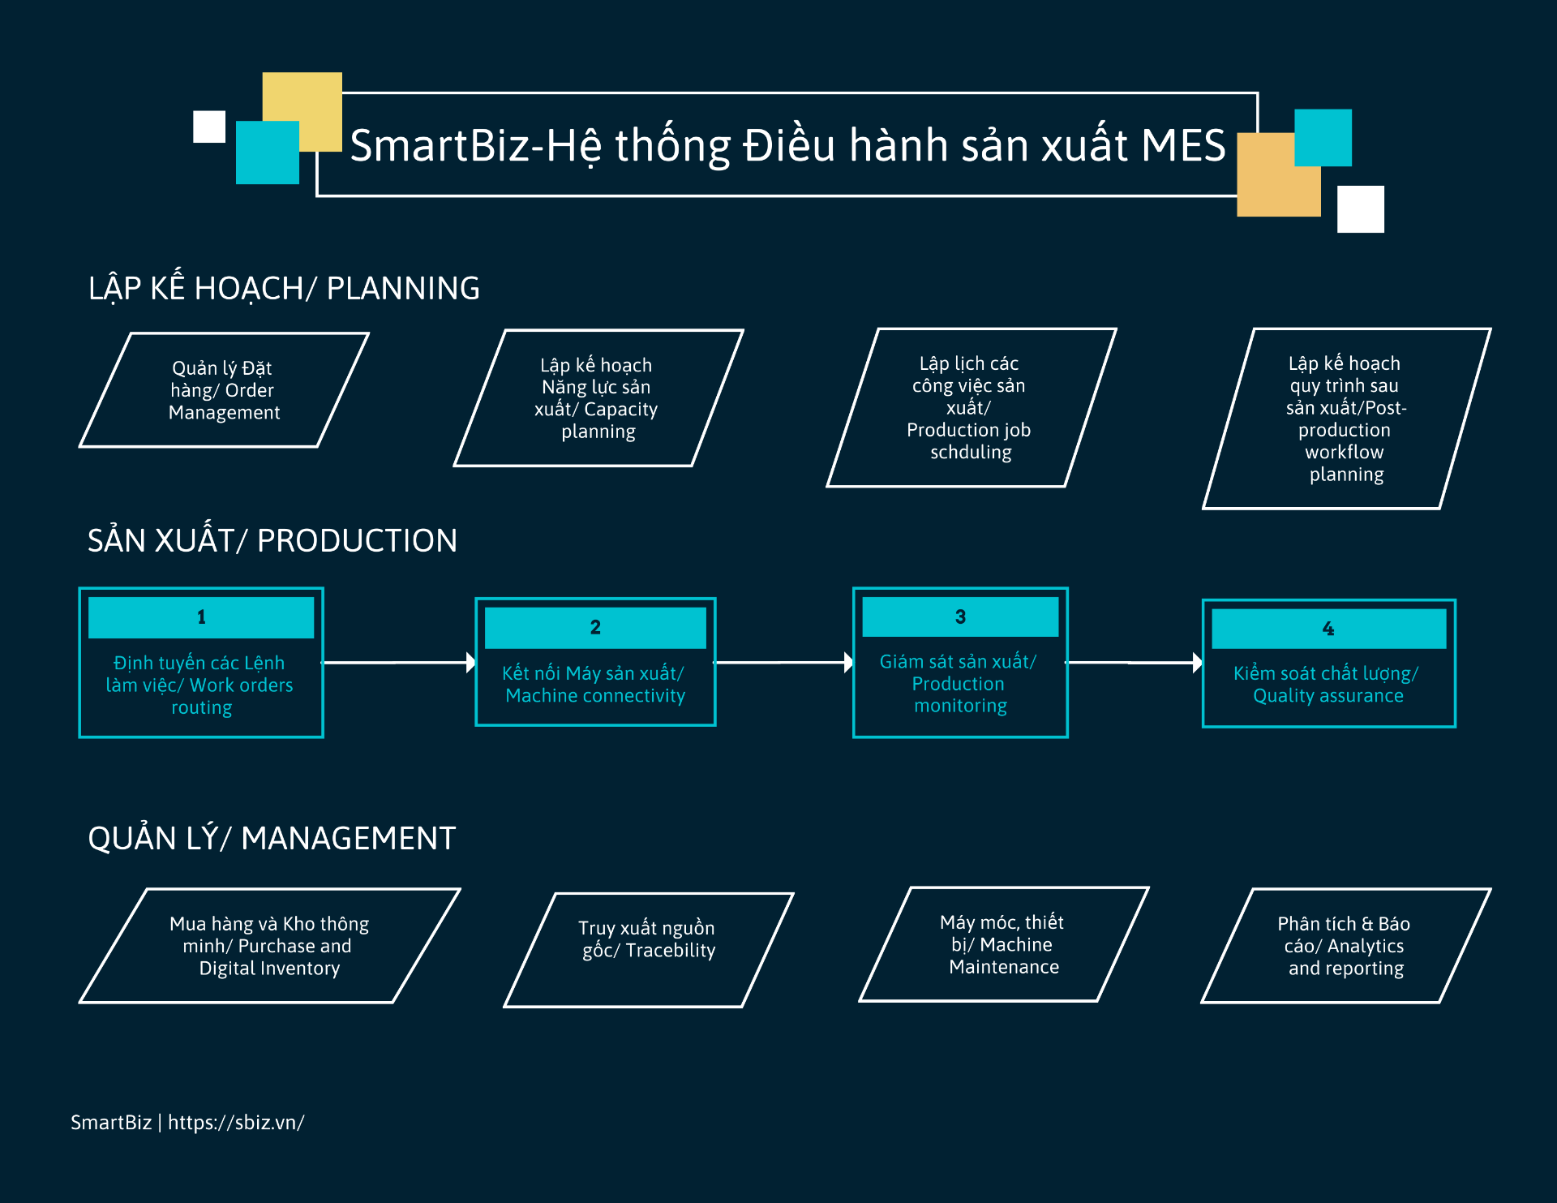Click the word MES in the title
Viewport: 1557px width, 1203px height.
(1183, 145)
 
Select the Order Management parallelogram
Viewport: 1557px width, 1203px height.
(224, 390)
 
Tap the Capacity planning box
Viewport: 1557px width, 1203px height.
(598, 398)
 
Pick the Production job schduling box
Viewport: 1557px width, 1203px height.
(971, 407)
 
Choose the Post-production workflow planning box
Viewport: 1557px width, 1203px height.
(1346, 419)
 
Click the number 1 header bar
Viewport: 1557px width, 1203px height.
(201, 617)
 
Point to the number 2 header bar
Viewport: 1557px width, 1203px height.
(595, 628)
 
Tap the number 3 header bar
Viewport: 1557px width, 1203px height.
(960, 617)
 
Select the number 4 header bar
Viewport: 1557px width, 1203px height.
(1328, 629)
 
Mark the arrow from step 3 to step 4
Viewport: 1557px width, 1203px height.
(1134, 663)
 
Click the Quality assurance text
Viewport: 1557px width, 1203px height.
(1327, 685)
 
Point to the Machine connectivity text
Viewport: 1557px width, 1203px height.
(594, 685)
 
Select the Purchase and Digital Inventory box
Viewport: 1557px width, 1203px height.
(270, 946)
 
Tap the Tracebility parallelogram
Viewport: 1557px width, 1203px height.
(649, 950)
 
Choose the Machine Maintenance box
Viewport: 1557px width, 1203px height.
(1004, 944)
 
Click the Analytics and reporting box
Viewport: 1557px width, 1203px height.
(1346, 946)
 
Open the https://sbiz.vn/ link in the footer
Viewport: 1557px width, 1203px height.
(236, 1123)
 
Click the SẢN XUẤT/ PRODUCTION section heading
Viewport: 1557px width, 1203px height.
(272, 539)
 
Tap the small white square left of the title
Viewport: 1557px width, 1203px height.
(209, 127)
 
